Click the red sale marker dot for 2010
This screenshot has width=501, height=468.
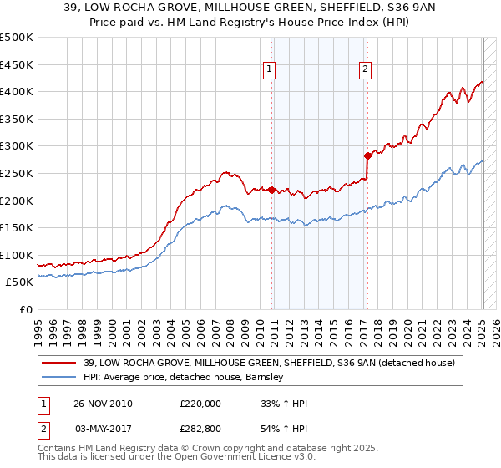pyautogui.click(x=272, y=190)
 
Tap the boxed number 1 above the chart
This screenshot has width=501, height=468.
pyautogui.click(x=271, y=70)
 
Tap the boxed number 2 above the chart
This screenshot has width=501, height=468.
pyautogui.click(x=366, y=70)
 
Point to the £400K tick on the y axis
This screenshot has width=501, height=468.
pyautogui.click(x=17, y=92)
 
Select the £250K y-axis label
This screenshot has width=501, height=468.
pyautogui.click(x=17, y=173)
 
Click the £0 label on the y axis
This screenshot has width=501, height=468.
pyautogui.click(x=26, y=309)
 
